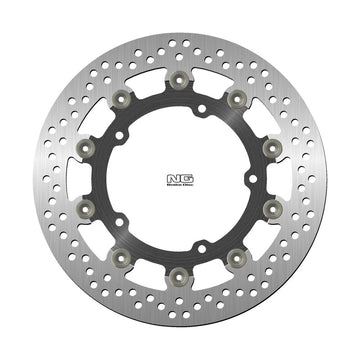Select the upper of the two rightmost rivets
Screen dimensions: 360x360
point(276,149)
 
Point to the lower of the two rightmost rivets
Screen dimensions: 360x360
point(276,212)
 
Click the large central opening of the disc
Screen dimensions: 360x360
point(180,181)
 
